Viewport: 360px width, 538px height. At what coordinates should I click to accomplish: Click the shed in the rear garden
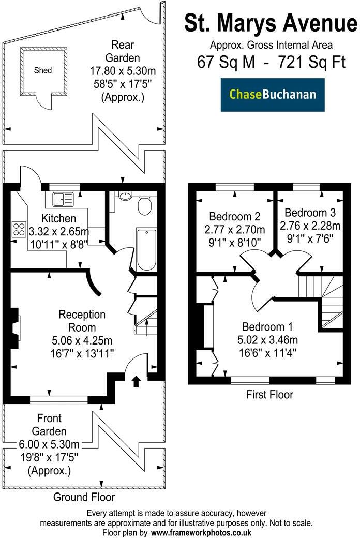44,70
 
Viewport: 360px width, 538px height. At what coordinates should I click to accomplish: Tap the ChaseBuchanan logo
273,95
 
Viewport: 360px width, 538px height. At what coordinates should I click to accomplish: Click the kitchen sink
64,198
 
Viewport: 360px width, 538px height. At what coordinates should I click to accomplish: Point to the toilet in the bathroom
144,206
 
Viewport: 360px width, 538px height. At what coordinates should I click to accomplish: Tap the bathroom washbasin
125,196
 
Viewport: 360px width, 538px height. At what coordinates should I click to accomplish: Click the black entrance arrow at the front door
136,382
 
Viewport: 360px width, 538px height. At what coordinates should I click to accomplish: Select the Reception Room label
82,321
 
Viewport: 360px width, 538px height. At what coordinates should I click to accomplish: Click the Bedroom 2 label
234,216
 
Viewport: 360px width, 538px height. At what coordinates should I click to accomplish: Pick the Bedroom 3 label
310,213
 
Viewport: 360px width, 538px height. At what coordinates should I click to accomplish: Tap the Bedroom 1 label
267,327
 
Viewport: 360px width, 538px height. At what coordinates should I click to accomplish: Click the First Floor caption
269,395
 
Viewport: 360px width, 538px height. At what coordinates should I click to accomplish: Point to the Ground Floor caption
84,497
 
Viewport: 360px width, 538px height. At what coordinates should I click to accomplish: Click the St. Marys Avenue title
271,23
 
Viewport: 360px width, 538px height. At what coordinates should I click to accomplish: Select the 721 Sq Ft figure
312,63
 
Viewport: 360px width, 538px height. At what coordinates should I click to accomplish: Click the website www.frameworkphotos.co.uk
201,532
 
